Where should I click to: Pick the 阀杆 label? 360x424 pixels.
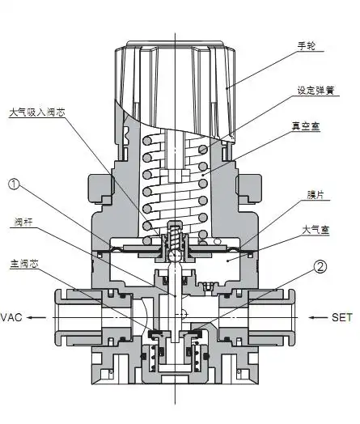tap(22, 223)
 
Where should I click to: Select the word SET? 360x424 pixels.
tap(343, 318)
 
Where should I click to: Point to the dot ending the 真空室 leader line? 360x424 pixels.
tap(201, 172)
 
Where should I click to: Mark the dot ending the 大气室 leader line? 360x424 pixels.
tap(227, 261)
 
